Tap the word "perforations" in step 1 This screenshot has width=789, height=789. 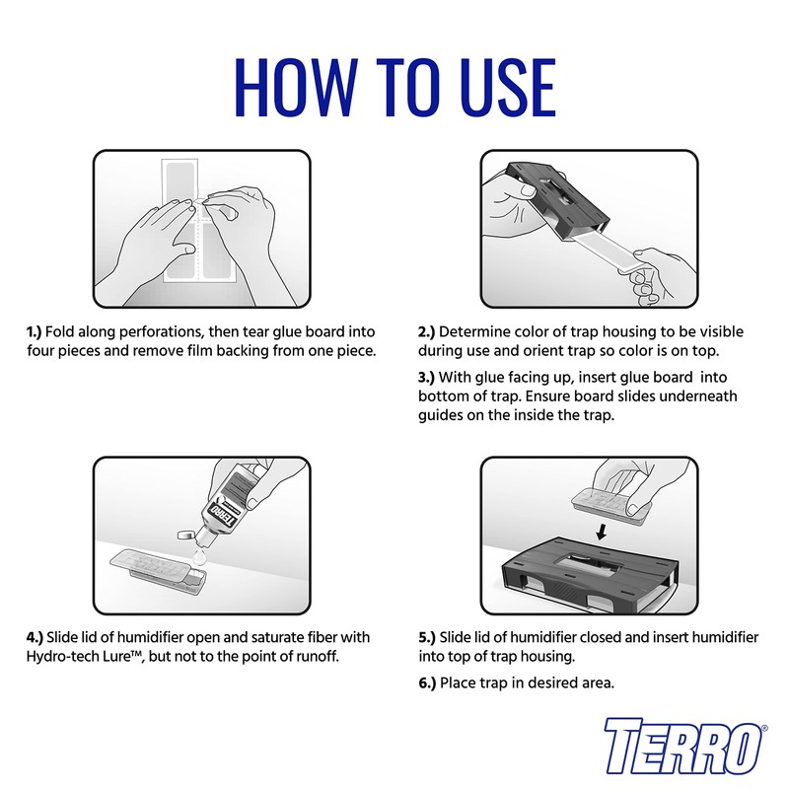(143, 332)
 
